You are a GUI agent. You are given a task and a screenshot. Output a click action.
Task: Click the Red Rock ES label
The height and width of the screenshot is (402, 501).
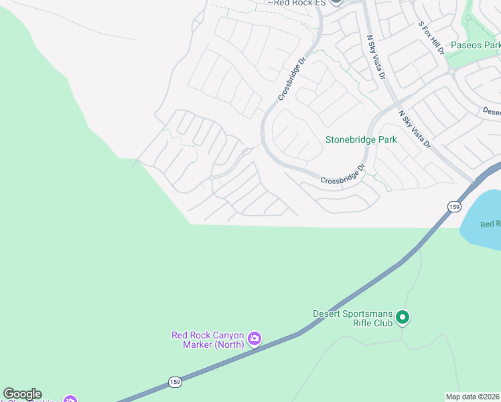pyautogui.click(x=296, y=3)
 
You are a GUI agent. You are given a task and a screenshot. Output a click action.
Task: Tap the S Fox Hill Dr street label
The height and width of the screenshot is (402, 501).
pyautogui.click(x=431, y=38)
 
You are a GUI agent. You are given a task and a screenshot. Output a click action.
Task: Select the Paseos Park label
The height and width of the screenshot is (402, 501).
pyautogui.click(x=475, y=46)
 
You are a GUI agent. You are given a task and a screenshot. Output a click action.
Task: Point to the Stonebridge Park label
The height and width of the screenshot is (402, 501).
pyautogui.click(x=361, y=140)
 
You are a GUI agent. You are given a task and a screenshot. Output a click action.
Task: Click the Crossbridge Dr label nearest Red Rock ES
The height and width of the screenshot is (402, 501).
pyautogui.click(x=291, y=78)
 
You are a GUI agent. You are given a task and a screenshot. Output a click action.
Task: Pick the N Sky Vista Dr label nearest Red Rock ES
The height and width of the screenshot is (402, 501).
pyautogui.click(x=376, y=57)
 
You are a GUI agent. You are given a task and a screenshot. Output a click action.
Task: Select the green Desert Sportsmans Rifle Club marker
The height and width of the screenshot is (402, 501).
pyautogui.click(x=402, y=317)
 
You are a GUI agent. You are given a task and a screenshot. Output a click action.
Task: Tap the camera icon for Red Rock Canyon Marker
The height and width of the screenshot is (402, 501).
pyautogui.click(x=254, y=338)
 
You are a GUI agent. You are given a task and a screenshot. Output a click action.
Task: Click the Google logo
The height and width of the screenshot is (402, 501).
pyautogui.click(x=22, y=394)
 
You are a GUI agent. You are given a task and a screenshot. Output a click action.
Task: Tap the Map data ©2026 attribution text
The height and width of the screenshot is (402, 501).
pyautogui.click(x=472, y=397)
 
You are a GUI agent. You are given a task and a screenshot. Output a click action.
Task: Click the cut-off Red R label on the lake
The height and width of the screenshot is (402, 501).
pyautogui.click(x=490, y=224)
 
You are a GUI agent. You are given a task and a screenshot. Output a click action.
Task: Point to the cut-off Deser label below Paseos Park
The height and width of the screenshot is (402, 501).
pyautogui.click(x=491, y=112)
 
